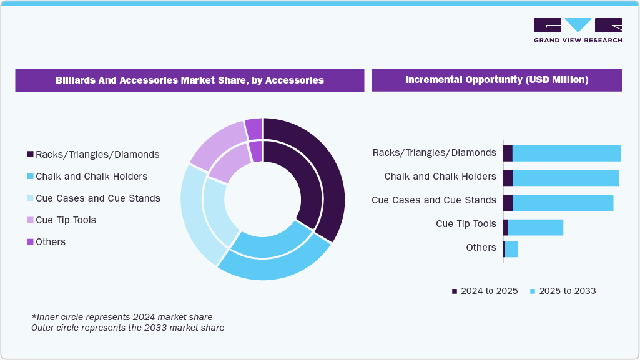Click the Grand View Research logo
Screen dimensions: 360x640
click(578, 30)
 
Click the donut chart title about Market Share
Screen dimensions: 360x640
click(190, 80)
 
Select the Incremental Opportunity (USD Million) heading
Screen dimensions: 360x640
click(496, 80)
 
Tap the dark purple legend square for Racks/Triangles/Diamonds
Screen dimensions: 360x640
click(30, 155)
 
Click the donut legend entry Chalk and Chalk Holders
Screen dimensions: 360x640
click(91, 177)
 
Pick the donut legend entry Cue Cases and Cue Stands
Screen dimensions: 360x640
click(97, 198)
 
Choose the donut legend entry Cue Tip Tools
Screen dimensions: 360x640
click(66, 220)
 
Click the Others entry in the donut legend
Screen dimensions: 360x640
click(50, 242)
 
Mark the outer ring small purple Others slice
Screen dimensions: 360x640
click(254, 129)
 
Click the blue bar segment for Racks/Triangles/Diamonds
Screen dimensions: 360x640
click(566, 153)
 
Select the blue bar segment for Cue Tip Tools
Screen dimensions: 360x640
click(535, 228)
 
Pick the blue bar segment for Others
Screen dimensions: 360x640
click(511, 249)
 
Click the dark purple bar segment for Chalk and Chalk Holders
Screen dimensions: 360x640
click(508, 178)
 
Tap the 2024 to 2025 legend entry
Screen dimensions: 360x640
click(485, 291)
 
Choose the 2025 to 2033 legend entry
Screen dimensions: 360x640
click(563, 291)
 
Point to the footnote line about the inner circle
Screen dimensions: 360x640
click(122, 317)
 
